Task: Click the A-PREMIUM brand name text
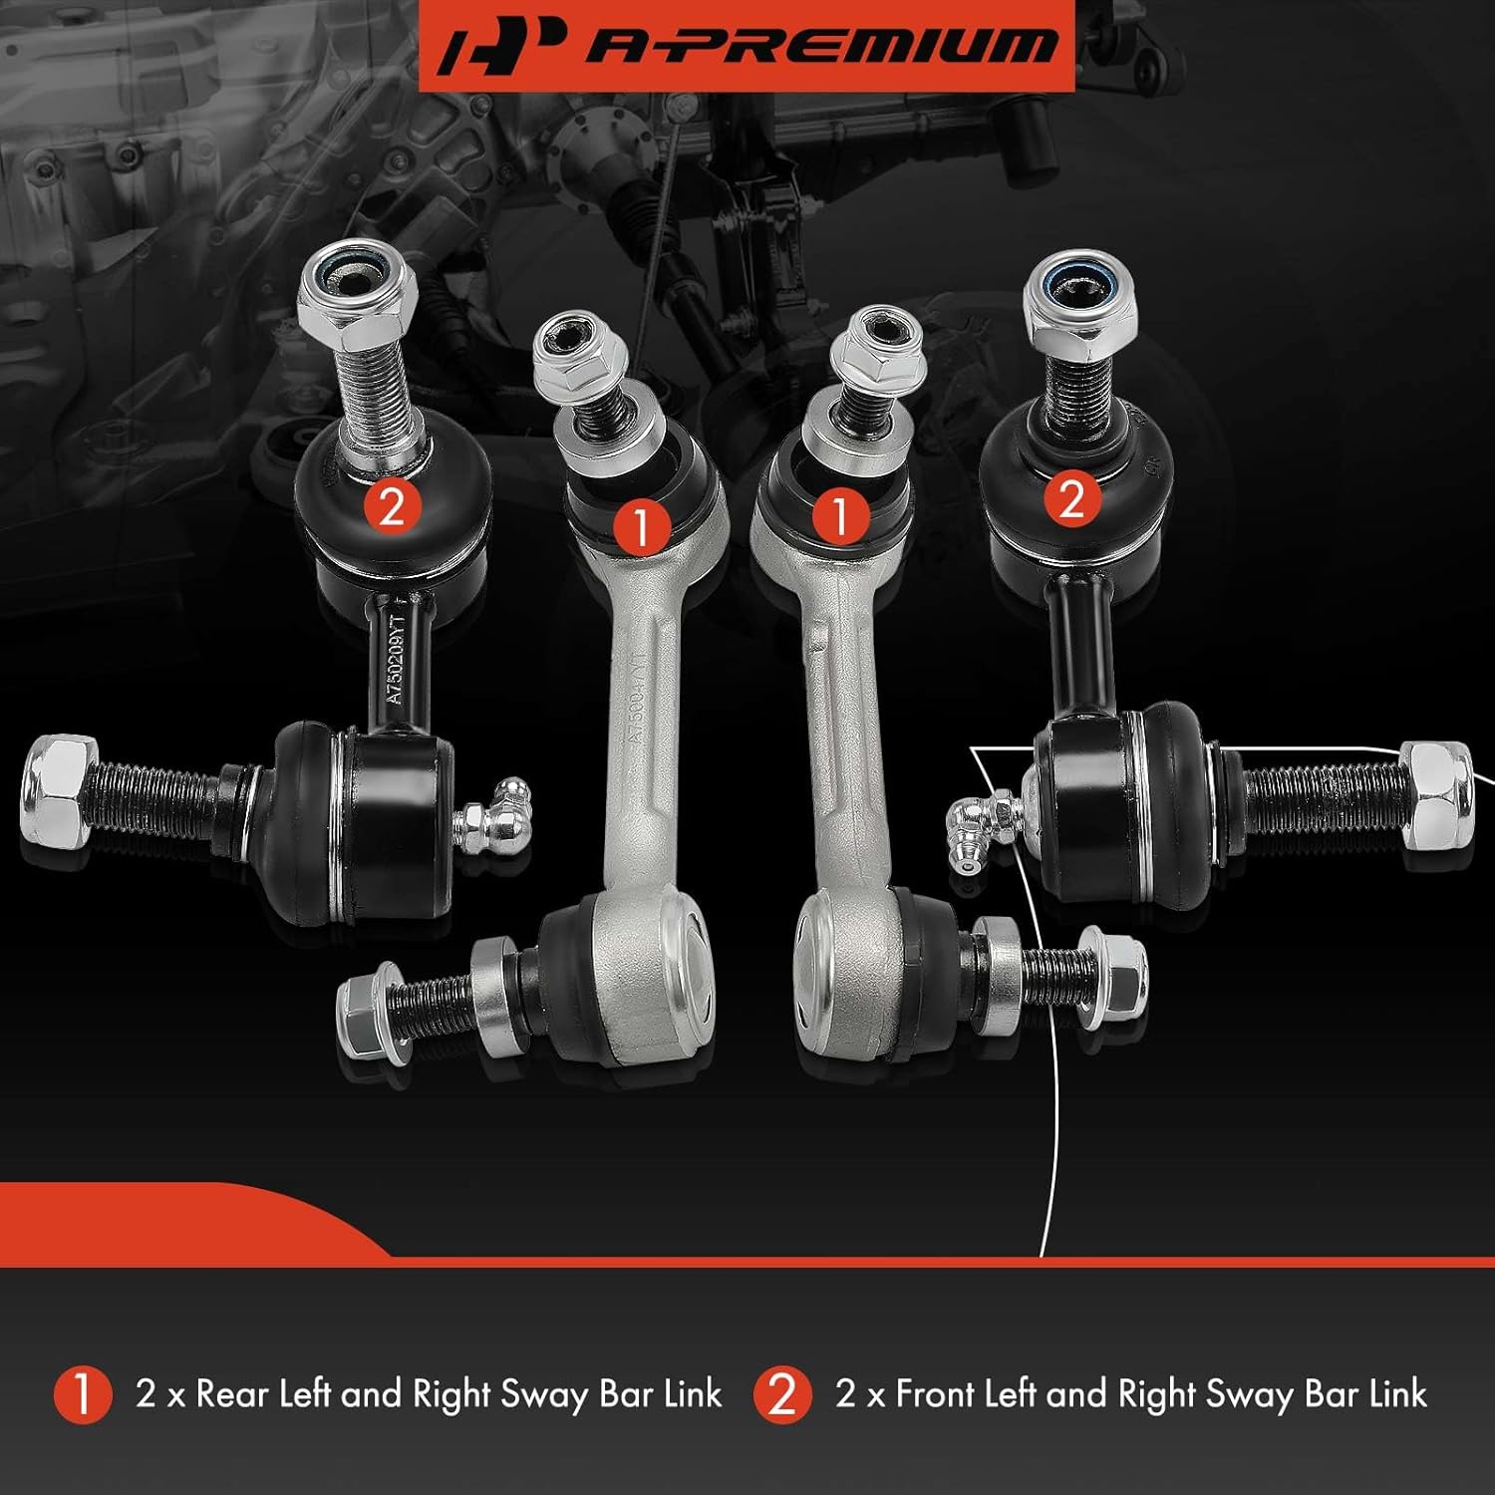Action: (x=819, y=45)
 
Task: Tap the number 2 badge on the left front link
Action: (x=392, y=506)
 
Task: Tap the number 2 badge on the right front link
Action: (x=1071, y=497)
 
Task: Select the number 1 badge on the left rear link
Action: (x=640, y=525)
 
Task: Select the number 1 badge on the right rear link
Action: (x=839, y=516)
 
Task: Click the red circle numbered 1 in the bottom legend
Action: (x=83, y=1393)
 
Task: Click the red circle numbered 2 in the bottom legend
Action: (x=782, y=1393)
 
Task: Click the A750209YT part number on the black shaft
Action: (x=397, y=653)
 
